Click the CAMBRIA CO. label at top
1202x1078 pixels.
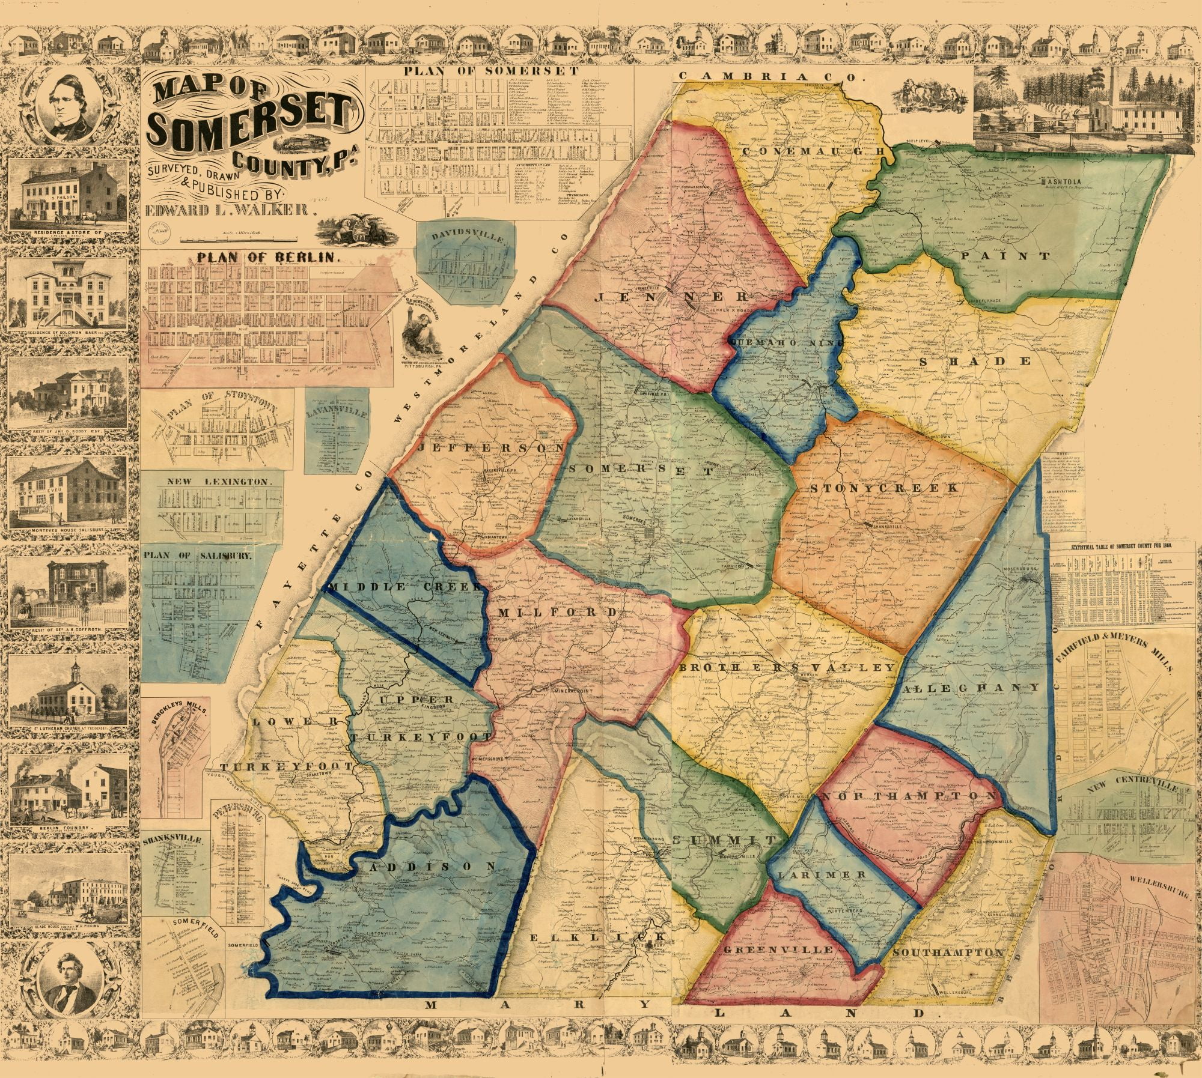click(x=771, y=77)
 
